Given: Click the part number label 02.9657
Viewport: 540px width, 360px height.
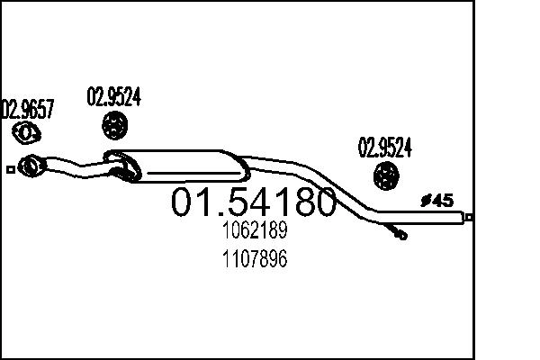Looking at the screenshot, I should [x=27, y=110].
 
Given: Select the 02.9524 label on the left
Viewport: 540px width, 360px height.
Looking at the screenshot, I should [x=113, y=95].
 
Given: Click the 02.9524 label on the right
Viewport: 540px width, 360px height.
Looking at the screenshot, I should [x=386, y=146].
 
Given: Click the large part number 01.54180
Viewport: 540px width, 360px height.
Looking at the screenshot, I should [x=253, y=202].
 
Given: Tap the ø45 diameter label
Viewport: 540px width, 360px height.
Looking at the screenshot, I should [x=437, y=201].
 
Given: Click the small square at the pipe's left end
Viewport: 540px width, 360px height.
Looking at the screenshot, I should [x=10, y=167].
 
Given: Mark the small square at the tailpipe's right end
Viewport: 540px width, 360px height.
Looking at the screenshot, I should [x=468, y=217].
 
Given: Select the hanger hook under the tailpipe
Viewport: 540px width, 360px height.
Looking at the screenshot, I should [x=397, y=233].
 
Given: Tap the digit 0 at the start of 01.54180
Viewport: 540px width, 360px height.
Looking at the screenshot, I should [x=182, y=202].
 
